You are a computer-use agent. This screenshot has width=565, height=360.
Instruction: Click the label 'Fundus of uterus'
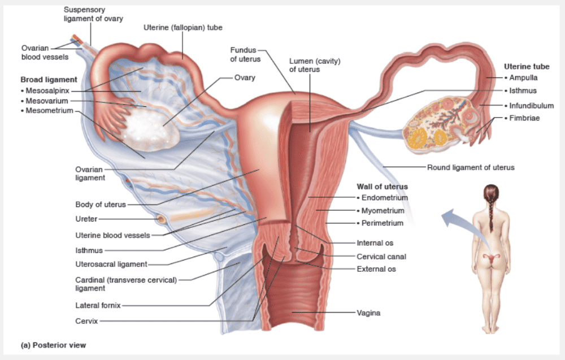pyautogui.click(x=245, y=54)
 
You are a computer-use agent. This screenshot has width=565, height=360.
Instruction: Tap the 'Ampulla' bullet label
pyautogui.click(x=523, y=77)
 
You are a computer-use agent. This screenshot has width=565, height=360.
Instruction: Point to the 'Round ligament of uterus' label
pyautogui.click(x=471, y=167)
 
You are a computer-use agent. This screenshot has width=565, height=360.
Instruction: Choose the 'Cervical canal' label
pyautogui.click(x=381, y=257)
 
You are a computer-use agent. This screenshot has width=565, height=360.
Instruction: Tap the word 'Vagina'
pyautogui.click(x=368, y=313)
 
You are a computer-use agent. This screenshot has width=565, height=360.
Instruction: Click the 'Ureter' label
pyautogui.click(x=86, y=219)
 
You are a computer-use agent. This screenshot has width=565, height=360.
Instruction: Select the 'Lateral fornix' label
pyautogui.click(x=98, y=306)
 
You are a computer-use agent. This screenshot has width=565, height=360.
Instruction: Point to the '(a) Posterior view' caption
pyautogui.click(x=53, y=344)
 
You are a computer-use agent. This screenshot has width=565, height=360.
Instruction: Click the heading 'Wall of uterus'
pyautogui.click(x=382, y=186)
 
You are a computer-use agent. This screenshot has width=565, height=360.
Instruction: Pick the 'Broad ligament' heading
pyautogui.click(x=49, y=80)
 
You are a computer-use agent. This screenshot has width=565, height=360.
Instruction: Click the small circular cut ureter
pyautogui.click(x=161, y=218)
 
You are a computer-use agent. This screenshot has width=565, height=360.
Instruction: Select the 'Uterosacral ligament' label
pyautogui.click(x=111, y=264)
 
